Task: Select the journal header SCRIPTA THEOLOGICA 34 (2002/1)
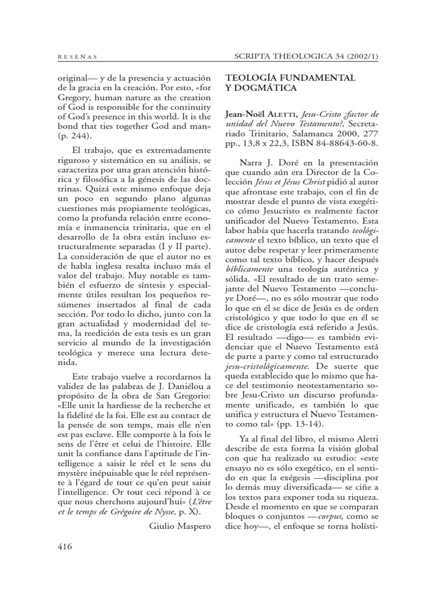(x=307, y=56)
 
